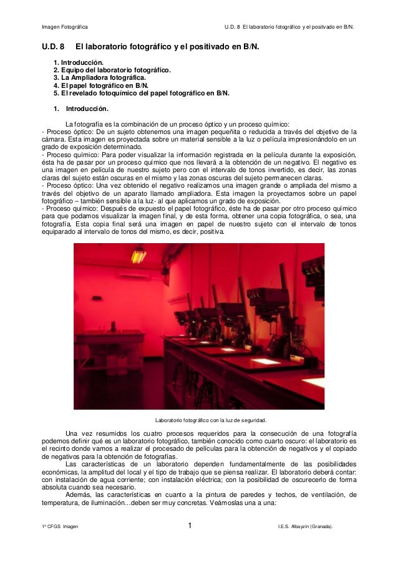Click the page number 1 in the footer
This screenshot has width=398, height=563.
tap(191, 527)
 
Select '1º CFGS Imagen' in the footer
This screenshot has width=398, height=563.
tap(60, 528)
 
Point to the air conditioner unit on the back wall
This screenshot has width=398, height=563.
tap(133, 273)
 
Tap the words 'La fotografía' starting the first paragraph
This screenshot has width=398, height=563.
tap(85, 123)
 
